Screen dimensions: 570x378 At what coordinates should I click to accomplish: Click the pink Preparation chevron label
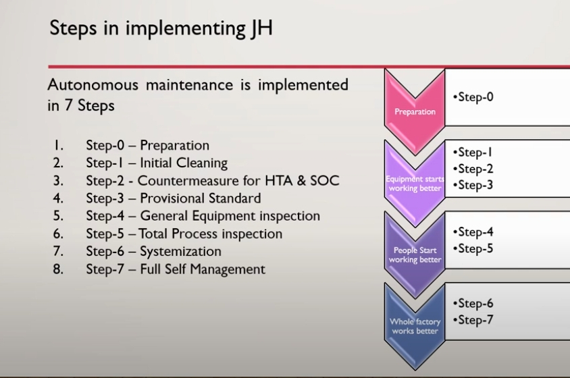[415, 111]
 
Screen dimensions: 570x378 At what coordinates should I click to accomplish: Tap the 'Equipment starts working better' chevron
[415, 184]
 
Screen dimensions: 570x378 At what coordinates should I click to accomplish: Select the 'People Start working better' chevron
[415, 254]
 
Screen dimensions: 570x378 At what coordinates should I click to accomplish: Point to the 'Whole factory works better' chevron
[415, 326]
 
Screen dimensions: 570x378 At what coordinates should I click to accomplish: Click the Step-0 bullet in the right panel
[473, 97]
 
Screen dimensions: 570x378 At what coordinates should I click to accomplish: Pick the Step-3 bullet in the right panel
[473, 185]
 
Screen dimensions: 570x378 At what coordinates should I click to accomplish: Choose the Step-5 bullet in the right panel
[473, 248]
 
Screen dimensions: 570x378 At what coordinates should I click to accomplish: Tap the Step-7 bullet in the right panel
[473, 320]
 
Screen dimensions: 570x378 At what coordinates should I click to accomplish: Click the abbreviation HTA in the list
[279, 181]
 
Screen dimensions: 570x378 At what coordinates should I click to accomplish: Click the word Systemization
[181, 252]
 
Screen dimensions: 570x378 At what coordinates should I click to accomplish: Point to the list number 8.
[58, 269]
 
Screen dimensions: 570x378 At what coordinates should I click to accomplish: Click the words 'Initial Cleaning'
[184, 163]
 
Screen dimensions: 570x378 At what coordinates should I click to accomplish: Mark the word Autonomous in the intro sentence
[93, 84]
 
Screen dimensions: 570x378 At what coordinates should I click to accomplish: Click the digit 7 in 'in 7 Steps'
[68, 105]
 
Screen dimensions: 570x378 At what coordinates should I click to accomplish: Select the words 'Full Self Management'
[203, 269]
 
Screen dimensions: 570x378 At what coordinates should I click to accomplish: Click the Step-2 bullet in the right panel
[473, 169]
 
